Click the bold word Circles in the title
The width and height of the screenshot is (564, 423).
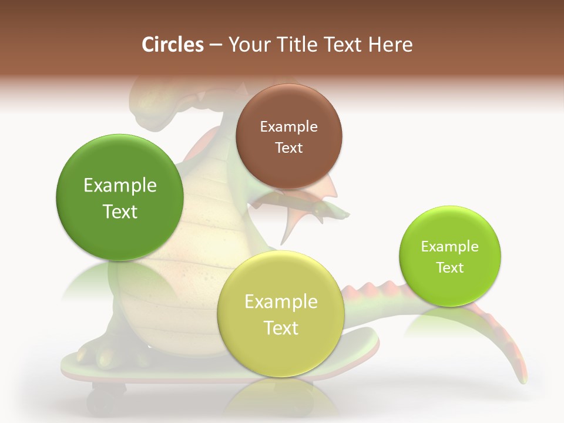(172, 45)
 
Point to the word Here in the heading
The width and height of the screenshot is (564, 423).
(390, 45)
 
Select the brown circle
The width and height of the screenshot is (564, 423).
(288, 136)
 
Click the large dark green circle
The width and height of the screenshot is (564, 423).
(120, 197)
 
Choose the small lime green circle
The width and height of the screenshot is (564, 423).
(450, 256)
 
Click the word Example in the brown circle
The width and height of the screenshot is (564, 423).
(288, 126)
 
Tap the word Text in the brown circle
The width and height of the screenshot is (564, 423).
(288, 147)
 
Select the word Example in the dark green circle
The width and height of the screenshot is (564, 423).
(120, 185)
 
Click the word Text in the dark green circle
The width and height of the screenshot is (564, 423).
(120, 211)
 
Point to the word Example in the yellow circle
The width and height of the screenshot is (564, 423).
(281, 301)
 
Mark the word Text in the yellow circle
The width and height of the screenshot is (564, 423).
(281, 328)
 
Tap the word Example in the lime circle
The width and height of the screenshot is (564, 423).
(450, 246)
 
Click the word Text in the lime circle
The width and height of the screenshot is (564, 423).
(450, 267)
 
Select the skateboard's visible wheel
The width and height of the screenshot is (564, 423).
(106, 400)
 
